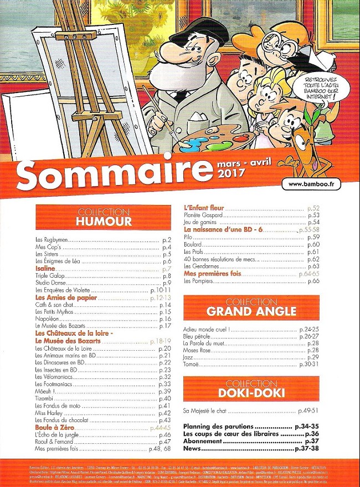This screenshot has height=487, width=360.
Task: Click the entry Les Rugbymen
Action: [x=49, y=240]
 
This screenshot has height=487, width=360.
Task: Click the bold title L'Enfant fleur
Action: [x=203, y=208]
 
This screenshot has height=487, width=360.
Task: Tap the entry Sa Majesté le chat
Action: [x=207, y=412]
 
